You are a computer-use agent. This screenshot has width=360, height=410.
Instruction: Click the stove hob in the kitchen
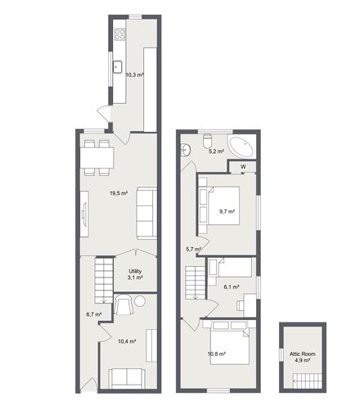pos(120,34)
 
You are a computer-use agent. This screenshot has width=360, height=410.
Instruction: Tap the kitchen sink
pos(117,67)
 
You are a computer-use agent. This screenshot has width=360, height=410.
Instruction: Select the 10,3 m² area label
pos(134,74)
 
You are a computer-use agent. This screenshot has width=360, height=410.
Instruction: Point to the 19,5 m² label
pos(119,193)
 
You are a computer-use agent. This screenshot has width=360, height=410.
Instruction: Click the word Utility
pos(135,271)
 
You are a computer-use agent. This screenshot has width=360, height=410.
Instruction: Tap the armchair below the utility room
pos(124,305)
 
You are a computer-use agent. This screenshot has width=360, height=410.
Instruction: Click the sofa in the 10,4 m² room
pos(128,377)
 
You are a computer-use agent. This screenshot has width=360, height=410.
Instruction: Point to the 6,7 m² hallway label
pos(94,313)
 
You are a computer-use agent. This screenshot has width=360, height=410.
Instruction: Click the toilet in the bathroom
pos(207,137)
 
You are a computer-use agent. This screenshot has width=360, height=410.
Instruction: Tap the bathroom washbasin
pos(187,149)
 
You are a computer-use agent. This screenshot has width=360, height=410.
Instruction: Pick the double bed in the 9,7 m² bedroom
pos(218,205)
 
